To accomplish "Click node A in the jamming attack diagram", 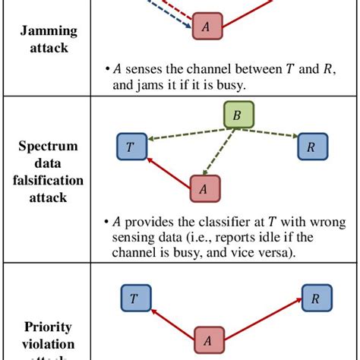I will coord(207,27).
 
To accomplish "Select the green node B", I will coord(238,116).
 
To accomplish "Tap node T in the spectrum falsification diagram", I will coord(130,147).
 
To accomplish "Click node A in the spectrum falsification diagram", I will coord(204,188).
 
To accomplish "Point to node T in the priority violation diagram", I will coord(134,299).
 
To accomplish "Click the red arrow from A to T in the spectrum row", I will coord(167,170).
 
